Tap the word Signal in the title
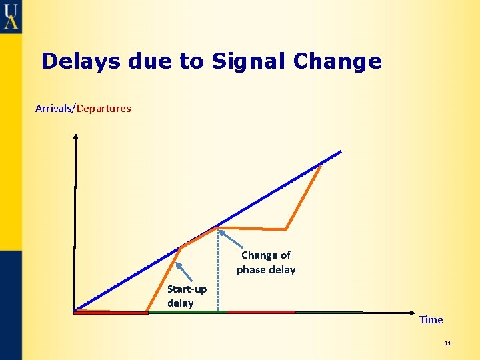pos(250,61)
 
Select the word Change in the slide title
pos(337,61)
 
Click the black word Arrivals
pos(55,108)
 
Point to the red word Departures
pos(104,108)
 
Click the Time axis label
pos(431,319)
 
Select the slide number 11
pos(447,343)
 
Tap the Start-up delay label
pos(187,296)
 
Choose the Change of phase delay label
pos(266,262)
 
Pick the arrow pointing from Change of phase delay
pos(230,239)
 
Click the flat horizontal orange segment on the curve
pos(253,229)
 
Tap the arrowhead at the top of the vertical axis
pos(75,137)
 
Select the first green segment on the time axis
pos(187,312)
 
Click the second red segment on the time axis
pos(261,312)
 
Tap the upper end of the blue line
pos(339,152)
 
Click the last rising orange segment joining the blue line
pos(303,197)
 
